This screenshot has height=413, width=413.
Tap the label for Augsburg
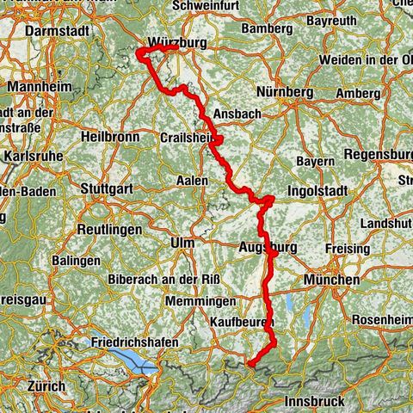pyautogui.click(x=268, y=248)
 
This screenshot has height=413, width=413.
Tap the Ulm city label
pyautogui.click(x=182, y=243)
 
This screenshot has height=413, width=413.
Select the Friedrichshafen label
pyautogui.click(x=134, y=342)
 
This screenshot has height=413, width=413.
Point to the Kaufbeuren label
pyautogui.click(x=241, y=321)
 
